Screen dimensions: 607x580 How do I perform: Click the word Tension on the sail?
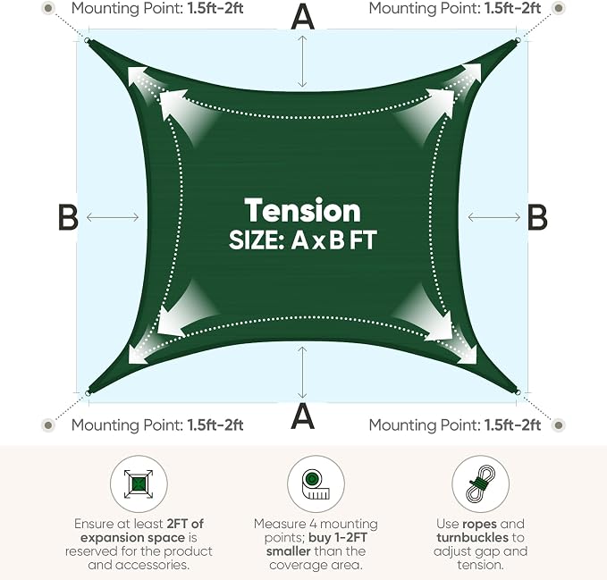coord(302,211)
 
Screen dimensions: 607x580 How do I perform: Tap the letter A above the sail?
coord(302,17)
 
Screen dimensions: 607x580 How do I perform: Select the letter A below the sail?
coord(302,416)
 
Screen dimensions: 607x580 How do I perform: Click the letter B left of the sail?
coord(68,217)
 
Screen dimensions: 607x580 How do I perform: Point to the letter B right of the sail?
coord(537,217)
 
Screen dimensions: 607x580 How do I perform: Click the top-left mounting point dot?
coord(47,8)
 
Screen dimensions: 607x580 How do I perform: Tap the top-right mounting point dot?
coord(558,8)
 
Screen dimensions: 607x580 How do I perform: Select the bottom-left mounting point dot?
coord(48,425)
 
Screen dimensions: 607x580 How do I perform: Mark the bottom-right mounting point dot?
coord(558,425)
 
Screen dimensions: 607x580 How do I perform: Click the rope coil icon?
coord(480,484)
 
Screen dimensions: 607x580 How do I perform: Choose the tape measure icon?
coord(316,484)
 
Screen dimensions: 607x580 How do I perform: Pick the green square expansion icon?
coord(139,483)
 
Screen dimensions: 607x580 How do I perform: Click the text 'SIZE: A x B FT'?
coord(302,240)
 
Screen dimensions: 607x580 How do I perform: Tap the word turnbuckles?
coord(472,537)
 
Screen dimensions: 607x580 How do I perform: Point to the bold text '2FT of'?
coord(185,524)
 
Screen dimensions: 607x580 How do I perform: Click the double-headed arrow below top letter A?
coord(302,62)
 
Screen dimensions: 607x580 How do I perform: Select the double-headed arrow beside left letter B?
coord(113,217)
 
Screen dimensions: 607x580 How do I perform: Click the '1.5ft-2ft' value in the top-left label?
coord(215,8)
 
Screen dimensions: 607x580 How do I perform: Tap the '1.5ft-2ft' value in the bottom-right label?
coord(512,425)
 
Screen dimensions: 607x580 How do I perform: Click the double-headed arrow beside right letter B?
coord(494,217)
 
